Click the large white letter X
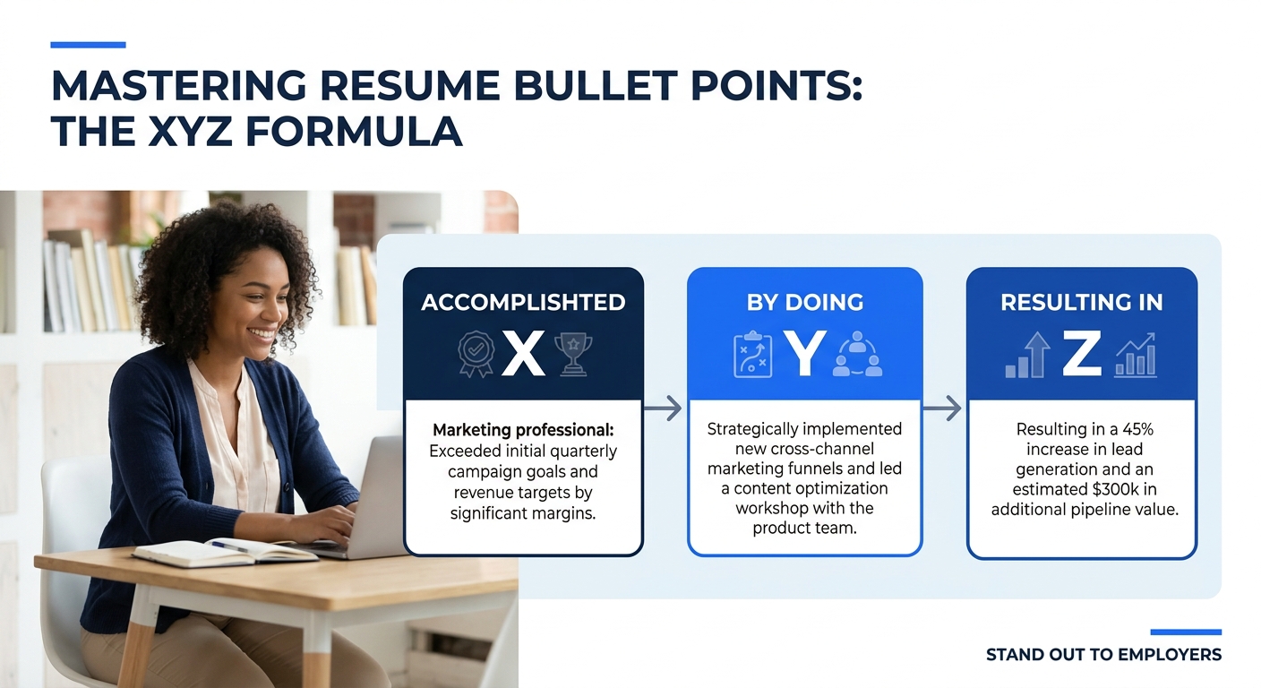tap(523, 355)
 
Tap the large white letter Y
tap(803, 355)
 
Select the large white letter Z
tap(1081, 355)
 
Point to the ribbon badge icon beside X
tap(476, 356)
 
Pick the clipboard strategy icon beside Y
tap(751, 356)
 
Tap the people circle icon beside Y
tap(857, 356)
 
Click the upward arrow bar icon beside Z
tap(1029, 356)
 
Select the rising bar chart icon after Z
tap(1135, 356)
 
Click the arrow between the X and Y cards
tap(663, 409)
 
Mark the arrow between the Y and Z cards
tap(942, 409)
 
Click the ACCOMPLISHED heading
tap(523, 303)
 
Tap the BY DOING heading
tap(804, 303)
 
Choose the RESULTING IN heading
tap(1081, 303)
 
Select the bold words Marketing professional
tap(523, 431)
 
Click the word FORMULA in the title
tap(355, 133)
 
